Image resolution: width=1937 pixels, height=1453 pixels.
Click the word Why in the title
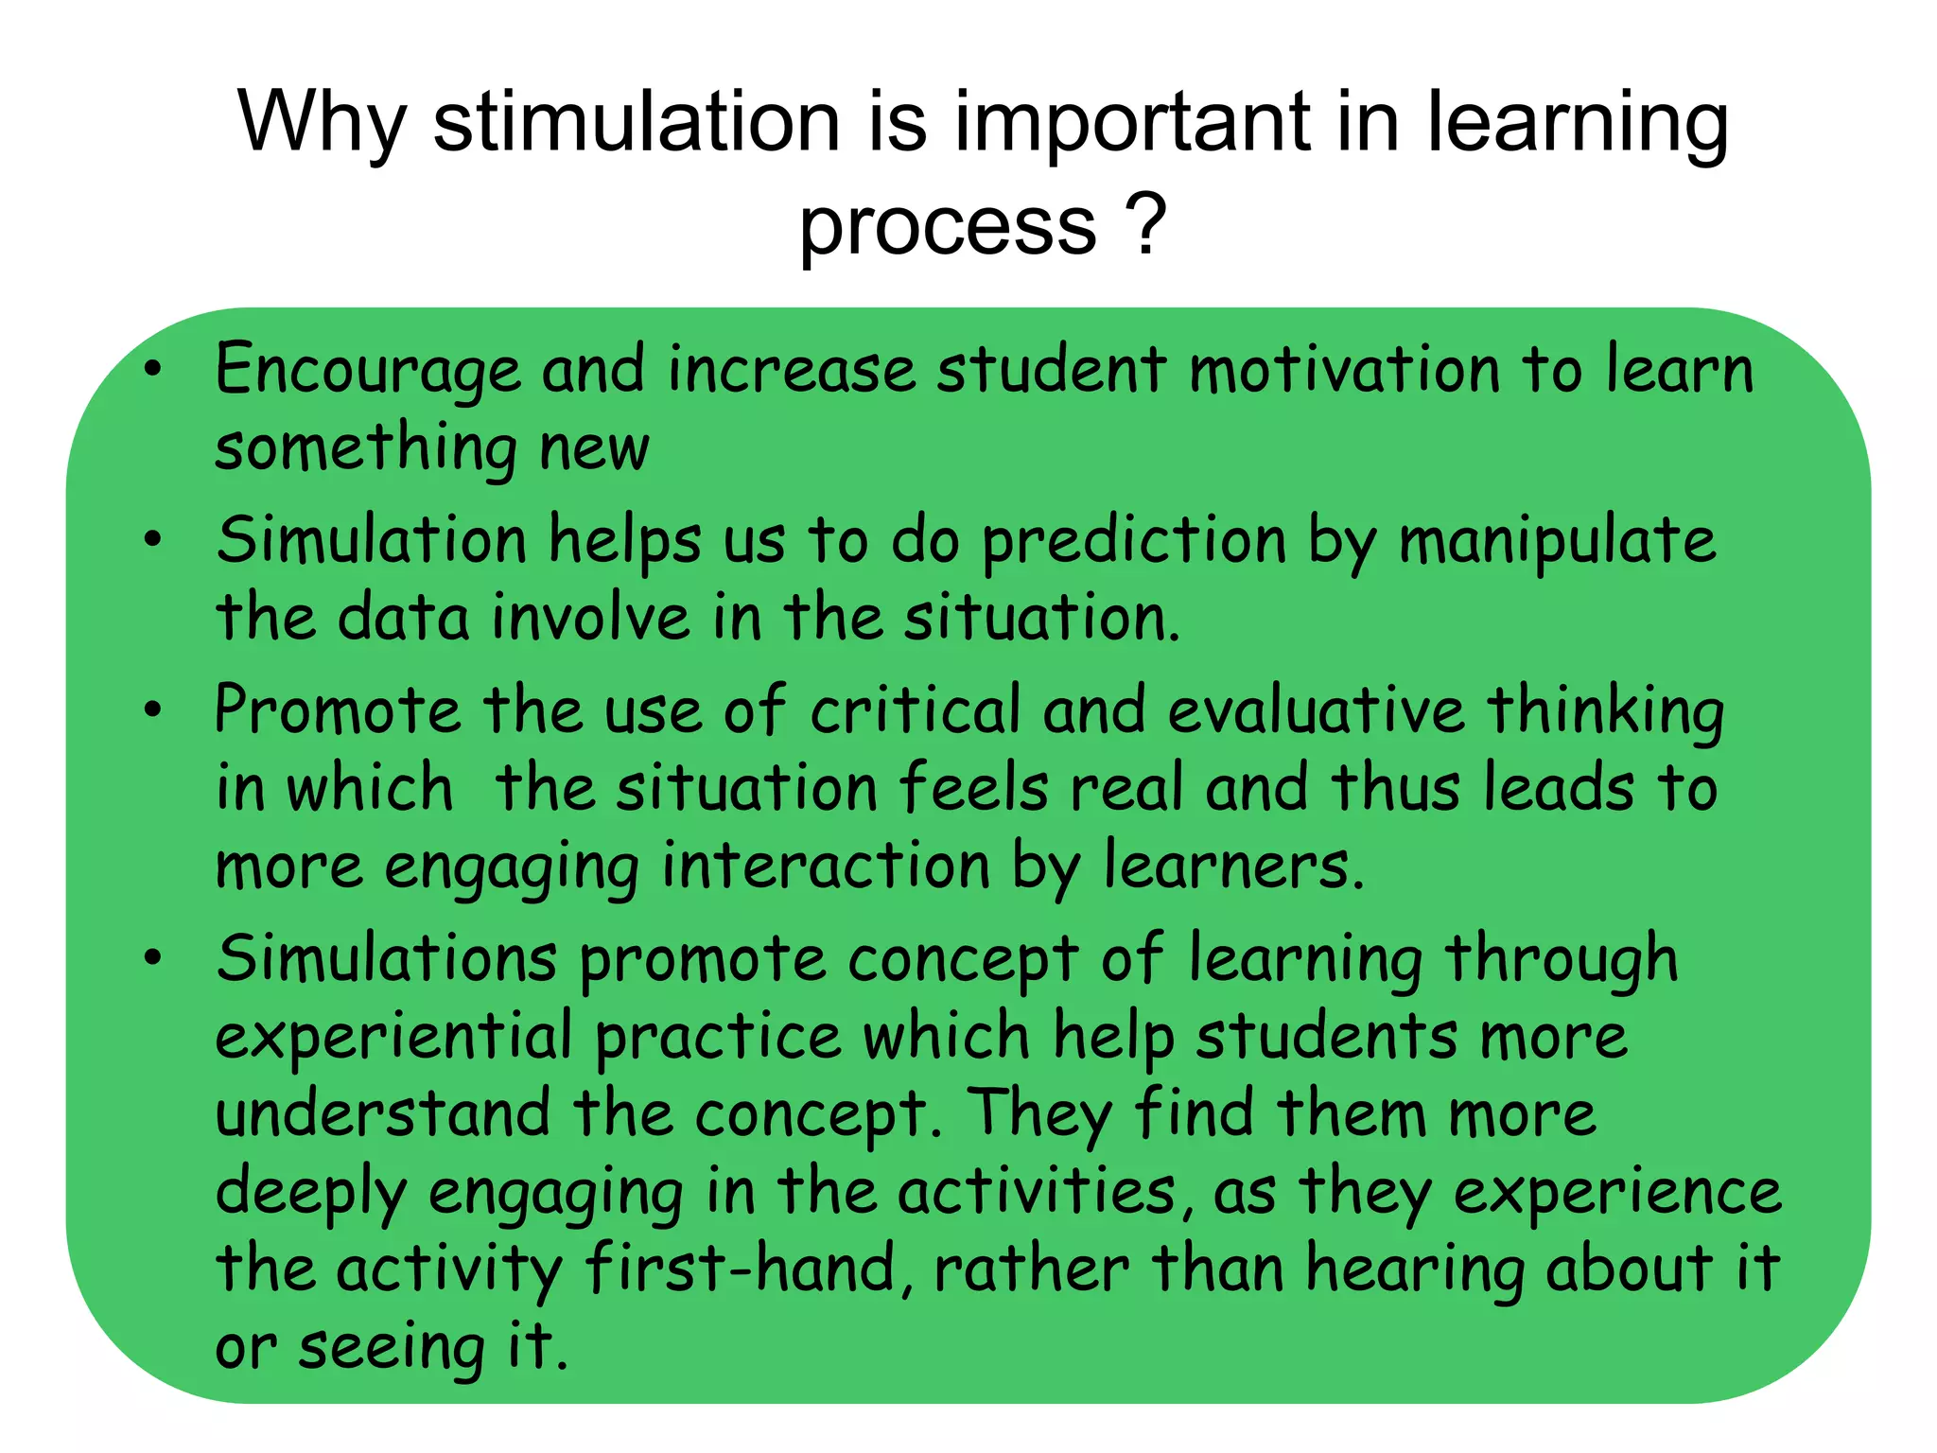click(323, 123)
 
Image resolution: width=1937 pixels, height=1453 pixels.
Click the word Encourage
click(367, 371)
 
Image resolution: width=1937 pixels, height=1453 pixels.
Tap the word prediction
click(1134, 543)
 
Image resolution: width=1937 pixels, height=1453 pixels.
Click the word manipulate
click(1557, 543)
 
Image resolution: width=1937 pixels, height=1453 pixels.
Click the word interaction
click(826, 867)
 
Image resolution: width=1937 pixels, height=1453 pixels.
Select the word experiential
click(393, 1037)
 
